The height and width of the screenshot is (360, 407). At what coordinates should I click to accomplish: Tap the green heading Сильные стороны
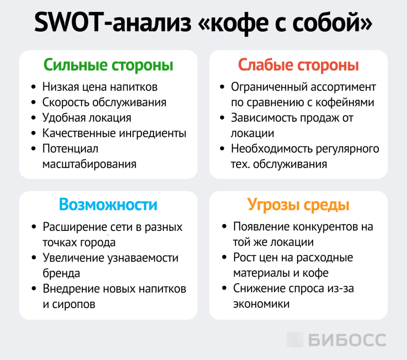108,65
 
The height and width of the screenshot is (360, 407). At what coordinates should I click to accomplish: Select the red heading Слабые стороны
298,65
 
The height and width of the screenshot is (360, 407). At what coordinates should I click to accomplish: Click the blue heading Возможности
108,205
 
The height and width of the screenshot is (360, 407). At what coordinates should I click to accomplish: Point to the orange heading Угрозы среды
298,205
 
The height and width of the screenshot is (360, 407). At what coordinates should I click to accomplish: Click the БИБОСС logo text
347,340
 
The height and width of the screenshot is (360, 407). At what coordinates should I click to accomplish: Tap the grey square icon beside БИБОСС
295,340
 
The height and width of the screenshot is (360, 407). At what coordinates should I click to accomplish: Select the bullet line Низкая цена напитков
100,87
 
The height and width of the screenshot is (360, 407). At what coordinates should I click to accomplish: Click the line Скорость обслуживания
104,102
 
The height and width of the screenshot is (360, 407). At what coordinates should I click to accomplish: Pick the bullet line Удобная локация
87,118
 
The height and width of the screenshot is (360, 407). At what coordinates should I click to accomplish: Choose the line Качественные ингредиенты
114,133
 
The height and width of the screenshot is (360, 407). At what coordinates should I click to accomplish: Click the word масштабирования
89,164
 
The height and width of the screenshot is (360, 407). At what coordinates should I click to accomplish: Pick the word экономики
261,304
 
